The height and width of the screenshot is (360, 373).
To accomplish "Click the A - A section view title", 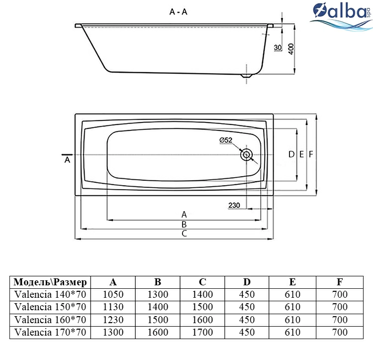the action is click(179, 11).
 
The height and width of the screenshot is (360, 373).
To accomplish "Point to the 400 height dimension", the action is click(291, 49).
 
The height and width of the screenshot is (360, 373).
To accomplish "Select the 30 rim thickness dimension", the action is click(278, 48).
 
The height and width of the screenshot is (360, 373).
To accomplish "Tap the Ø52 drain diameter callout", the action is click(226, 140).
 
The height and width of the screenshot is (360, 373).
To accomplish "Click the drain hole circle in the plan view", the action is click(247, 155).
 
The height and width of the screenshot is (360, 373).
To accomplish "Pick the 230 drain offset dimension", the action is click(234, 205).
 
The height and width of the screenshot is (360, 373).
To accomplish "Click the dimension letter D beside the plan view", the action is click(291, 154).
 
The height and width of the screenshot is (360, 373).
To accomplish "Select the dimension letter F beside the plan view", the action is click(311, 154).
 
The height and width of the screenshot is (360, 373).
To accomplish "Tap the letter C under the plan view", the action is click(184, 234).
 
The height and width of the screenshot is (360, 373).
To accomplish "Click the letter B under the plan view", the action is click(184, 224).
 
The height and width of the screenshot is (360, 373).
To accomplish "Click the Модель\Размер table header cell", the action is click(50, 282).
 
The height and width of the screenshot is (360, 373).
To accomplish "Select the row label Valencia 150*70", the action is click(50, 307).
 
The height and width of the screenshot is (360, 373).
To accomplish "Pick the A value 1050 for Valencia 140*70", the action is click(113, 295).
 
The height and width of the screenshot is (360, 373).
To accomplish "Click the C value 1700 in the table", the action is click(202, 332).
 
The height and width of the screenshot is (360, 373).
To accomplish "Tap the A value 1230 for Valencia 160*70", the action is click(113, 320).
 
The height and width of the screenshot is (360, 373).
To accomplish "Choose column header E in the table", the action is click(292, 282).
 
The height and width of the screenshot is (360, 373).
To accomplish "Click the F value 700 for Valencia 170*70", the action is click(340, 332).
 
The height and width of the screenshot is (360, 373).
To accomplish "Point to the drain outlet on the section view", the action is click(246, 76).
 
